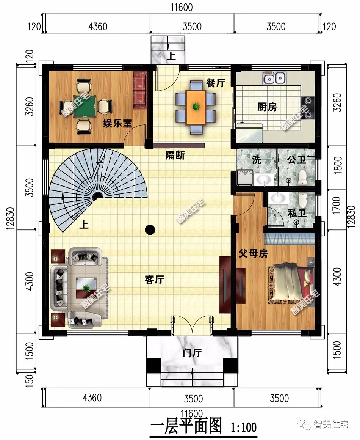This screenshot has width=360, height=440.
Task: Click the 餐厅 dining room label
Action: point(216,83)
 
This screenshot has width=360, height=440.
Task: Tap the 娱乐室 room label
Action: point(117,123)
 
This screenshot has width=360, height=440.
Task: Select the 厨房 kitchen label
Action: point(267,107)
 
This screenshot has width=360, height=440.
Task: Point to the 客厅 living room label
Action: point(155,279)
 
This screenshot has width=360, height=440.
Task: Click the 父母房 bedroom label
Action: point(253,253)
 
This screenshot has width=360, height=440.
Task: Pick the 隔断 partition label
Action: point(175,155)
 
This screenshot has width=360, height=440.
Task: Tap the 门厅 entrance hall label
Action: point(192,353)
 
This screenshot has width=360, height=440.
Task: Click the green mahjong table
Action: point(85,106)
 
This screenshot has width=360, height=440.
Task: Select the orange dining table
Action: point(196,107)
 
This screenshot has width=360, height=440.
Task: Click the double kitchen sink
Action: point(274,78)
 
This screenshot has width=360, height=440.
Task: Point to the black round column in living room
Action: point(150,230)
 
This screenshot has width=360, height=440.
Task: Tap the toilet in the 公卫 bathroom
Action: point(302,178)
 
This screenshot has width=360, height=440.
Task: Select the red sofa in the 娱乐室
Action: point(140,90)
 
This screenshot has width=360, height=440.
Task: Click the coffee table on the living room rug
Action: point(86,288)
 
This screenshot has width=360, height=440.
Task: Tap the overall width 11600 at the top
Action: point(182,7)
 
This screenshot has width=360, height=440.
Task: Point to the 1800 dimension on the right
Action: point(338,165)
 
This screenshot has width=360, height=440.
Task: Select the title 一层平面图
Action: point(186,426)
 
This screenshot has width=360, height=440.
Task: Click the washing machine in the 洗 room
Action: point(245,178)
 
